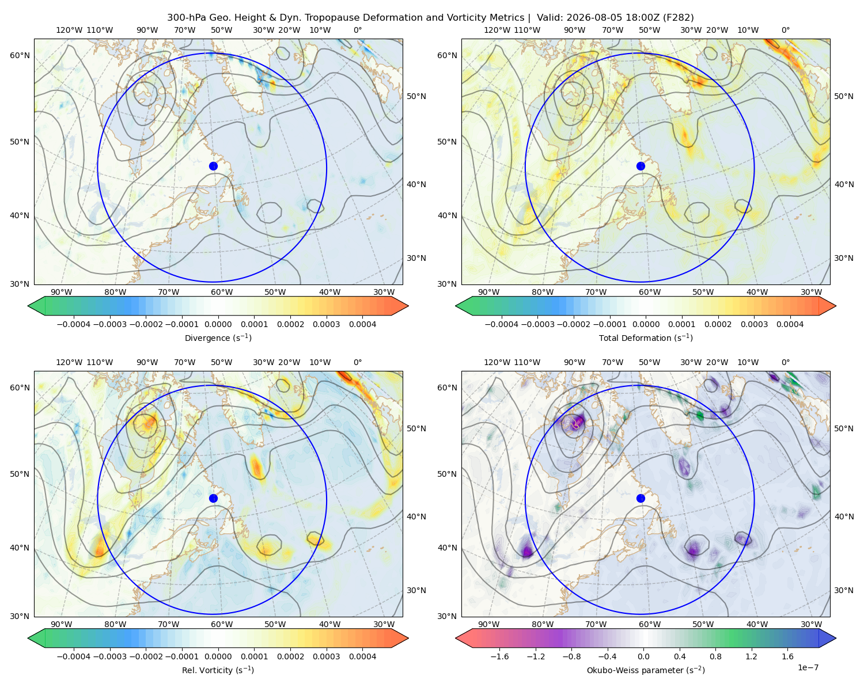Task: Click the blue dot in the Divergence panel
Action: pos(213,166)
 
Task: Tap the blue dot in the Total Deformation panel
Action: pos(641,166)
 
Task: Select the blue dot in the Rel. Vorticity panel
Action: pos(213,498)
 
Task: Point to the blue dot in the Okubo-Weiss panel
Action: pos(641,498)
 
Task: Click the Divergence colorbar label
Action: pos(218,337)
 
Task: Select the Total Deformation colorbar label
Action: pos(646,337)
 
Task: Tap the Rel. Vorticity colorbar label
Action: pos(218,670)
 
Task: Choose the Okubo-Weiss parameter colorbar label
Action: pos(646,670)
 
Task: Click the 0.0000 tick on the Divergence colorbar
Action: pos(218,324)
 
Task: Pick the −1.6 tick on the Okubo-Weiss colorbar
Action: pos(499,656)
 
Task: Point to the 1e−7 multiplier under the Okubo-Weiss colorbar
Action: pos(808,667)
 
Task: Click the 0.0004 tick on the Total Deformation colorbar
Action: pos(790,324)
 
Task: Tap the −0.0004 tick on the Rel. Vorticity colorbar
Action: pos(74,656)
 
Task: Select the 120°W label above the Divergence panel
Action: pos(69,30)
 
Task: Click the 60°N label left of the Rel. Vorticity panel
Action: pos(20,388)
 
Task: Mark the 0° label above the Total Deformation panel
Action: pos(785,30)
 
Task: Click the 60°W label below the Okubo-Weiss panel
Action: pos(650,624)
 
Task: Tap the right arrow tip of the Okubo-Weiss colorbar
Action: pos(836,638)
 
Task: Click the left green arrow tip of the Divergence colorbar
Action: pos(28,306)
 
